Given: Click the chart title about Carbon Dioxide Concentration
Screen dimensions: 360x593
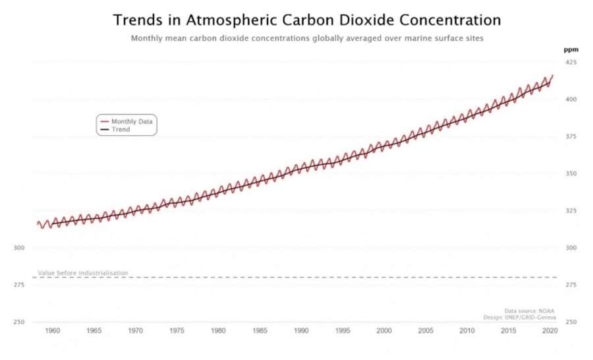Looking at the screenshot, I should click(306, 20).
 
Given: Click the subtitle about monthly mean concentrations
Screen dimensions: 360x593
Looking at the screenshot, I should click(307, 38).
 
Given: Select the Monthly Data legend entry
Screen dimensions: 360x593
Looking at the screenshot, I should click(132, 121).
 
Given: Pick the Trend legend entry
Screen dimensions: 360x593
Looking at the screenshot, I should click(121, 130).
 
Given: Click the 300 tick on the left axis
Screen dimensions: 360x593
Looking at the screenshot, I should click(19, 248).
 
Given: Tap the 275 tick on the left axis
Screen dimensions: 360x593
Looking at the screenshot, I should click(19, 285).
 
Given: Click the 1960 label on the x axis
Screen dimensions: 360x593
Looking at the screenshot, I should click(53, 330).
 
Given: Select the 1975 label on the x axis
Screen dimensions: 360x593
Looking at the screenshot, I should click(177, 330).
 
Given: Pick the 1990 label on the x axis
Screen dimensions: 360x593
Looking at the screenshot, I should click(301, 330).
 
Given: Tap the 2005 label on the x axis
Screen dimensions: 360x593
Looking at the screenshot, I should click(425, 330).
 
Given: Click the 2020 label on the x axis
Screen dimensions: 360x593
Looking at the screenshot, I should click(549, 330).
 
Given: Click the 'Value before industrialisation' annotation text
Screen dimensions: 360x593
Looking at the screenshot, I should click(82, 273).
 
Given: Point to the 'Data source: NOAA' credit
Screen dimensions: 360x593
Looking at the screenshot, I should click(530, 311).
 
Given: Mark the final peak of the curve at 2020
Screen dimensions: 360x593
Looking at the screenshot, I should click(552, 75).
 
